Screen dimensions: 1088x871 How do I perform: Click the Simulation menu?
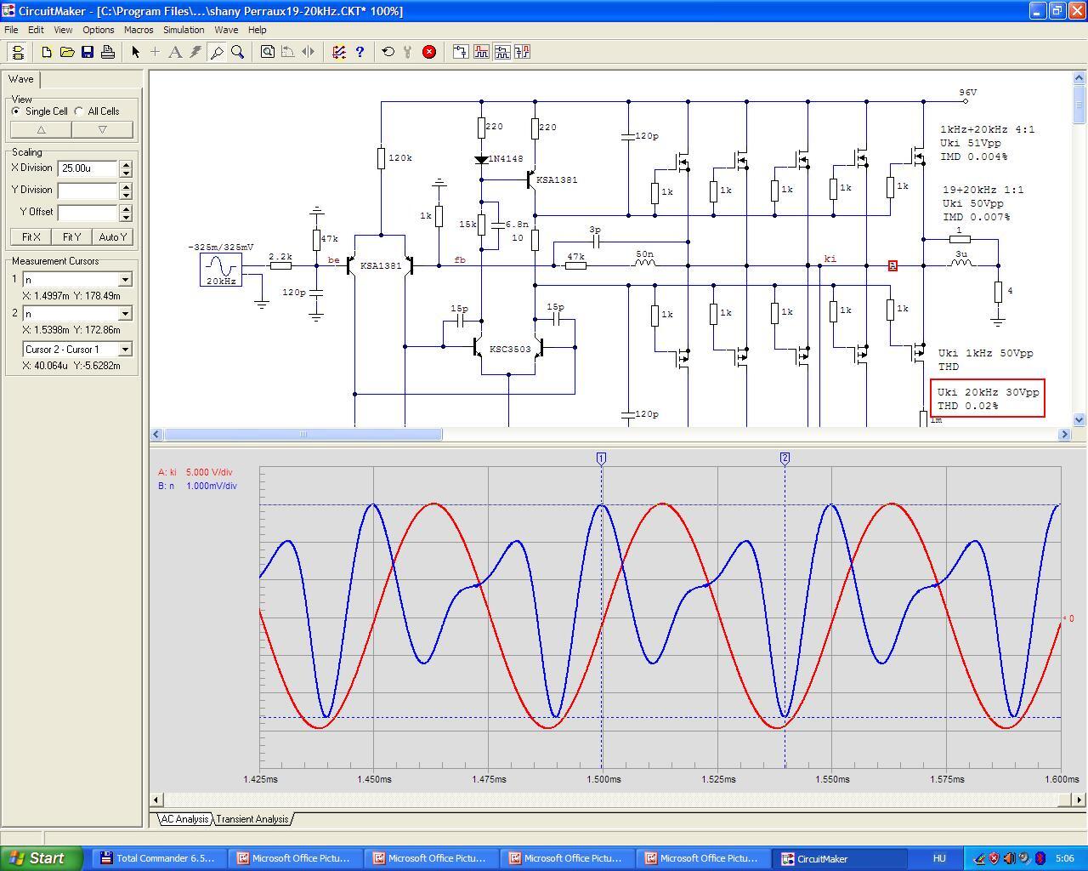pos(184,30)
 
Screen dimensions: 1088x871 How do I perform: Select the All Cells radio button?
pos(79,111)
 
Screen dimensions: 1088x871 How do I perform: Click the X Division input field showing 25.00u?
pos(88,168)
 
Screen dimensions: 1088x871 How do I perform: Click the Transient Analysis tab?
pos(252,819)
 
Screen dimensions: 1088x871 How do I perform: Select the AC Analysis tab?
pos(184,819)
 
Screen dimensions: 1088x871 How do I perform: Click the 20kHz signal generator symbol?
pos(221,270)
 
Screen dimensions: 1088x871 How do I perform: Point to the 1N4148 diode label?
pos(506,159)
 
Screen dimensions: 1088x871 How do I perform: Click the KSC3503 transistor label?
pos(510,350)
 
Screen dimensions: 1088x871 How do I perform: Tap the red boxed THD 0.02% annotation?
pos(988,398)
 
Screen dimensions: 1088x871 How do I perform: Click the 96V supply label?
pos(968,93)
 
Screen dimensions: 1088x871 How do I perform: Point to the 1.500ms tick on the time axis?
pos(603,779)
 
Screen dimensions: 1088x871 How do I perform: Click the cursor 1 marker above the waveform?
pos(601,458)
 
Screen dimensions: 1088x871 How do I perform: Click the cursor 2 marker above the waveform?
pos(785,458)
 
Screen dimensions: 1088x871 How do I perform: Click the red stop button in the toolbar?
pos(429,52)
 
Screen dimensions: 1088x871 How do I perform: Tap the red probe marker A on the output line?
pos(892,265)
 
